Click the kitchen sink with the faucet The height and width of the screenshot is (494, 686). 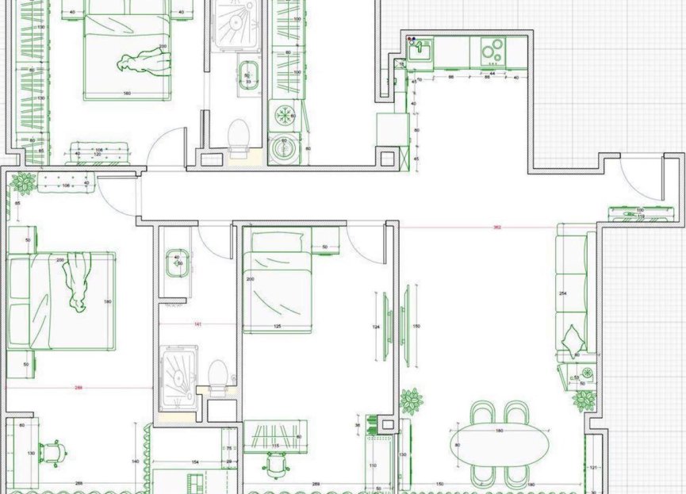click(x=420, y=51)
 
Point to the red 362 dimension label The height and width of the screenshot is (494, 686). click(x=496, y=228)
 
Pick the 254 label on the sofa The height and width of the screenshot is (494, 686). click(x=562, y=294)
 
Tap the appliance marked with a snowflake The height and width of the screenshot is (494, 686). click(x=282, y=115)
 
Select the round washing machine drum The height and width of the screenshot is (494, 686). click(x=282, y=148)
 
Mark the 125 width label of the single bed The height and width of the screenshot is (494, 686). click(x=278, y=327)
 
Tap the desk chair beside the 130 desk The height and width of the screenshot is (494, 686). click(x=52, y=452)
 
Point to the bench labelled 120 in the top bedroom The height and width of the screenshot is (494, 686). click(x=99, y=150)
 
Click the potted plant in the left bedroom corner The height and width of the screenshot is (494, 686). click(x=23, y=183)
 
